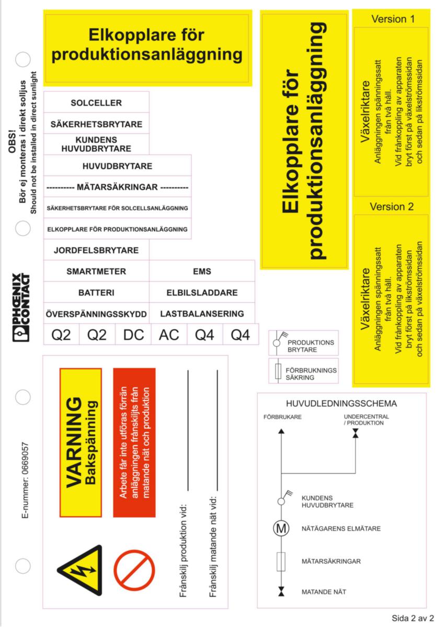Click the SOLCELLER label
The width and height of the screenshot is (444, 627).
[x=96, y=103]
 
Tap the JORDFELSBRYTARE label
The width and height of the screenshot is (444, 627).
[x=96, y=250]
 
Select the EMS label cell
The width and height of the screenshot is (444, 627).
[x=202, y=272]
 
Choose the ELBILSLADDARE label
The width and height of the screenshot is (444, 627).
[x=202, y=293]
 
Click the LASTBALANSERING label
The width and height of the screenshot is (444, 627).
[x=202, y=314]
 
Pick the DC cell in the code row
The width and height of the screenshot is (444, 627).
[x=133, y=335]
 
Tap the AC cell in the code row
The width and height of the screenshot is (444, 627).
[x=169, y=335]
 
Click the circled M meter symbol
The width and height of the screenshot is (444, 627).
[x=281, y=529]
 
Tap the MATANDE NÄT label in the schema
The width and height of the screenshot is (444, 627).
[x=324, y=592]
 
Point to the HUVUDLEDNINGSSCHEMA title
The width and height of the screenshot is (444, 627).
[x=341, y=404]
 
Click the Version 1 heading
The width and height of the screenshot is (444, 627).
[x=393, y=19]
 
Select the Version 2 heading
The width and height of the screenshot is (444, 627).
[x=392, y=206]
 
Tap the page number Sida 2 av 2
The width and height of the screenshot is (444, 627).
[x=413, y=618]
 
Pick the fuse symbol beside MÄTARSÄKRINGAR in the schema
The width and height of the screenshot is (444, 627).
[x=281, y=561]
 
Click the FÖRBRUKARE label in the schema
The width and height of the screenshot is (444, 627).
[x=282, y=417]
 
